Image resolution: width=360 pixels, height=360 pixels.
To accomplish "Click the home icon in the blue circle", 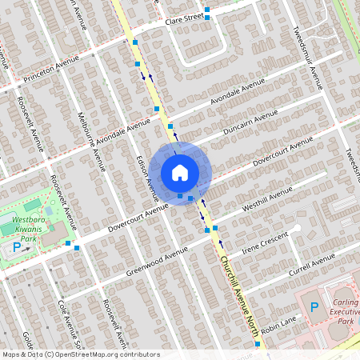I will (180, 173).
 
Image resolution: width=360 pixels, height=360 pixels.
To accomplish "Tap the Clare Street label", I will (184, 18).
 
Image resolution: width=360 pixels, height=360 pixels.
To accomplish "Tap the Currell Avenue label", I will (312, 263).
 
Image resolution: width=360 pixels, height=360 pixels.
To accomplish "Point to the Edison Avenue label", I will (147, 177).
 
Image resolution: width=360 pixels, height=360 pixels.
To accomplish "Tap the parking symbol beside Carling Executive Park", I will (314, 307).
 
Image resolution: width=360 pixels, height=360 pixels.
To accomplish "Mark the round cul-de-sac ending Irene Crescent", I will (296, 229).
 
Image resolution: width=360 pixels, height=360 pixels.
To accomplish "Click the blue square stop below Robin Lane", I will (258, 344).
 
